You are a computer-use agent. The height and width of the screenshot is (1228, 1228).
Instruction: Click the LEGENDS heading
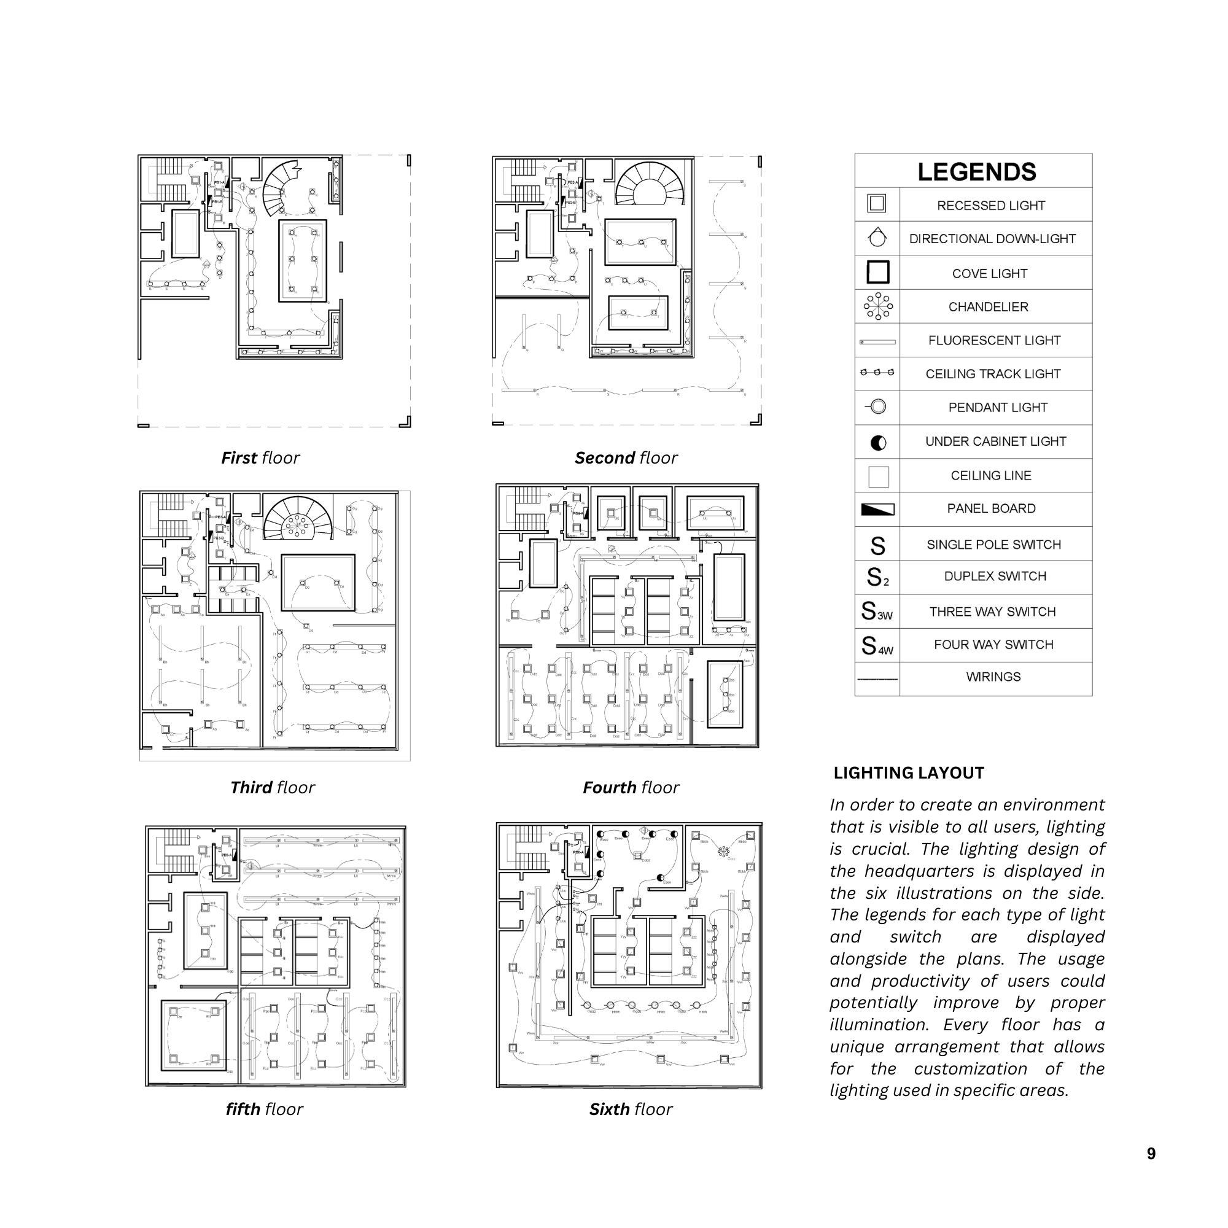[976, 173]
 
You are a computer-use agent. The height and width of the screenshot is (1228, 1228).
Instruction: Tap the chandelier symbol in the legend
[878, 306]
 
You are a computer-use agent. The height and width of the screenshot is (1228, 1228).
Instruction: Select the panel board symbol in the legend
[878, 509]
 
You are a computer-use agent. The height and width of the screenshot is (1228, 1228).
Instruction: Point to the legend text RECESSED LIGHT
[991, 206]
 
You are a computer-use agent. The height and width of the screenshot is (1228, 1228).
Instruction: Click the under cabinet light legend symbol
[879, 442]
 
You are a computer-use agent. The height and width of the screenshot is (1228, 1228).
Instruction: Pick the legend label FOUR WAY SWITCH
[993, 645]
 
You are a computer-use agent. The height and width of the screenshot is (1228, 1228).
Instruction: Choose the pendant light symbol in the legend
[877, 407]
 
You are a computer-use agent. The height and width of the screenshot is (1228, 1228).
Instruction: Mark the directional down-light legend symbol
[877, 238]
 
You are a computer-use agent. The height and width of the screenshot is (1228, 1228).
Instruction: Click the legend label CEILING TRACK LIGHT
[993, 375]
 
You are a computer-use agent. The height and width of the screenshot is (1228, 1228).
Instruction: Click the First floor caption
[260, 457]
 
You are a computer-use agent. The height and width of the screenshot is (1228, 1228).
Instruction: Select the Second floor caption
[626, 457]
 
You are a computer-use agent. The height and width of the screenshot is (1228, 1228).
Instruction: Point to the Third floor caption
[272, 788]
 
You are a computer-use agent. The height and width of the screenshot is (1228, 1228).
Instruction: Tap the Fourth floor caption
[631, 788]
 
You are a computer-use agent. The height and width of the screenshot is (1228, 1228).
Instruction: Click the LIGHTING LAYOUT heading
[909, 773]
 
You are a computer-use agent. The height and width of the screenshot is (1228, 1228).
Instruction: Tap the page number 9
[1151, 1154]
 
